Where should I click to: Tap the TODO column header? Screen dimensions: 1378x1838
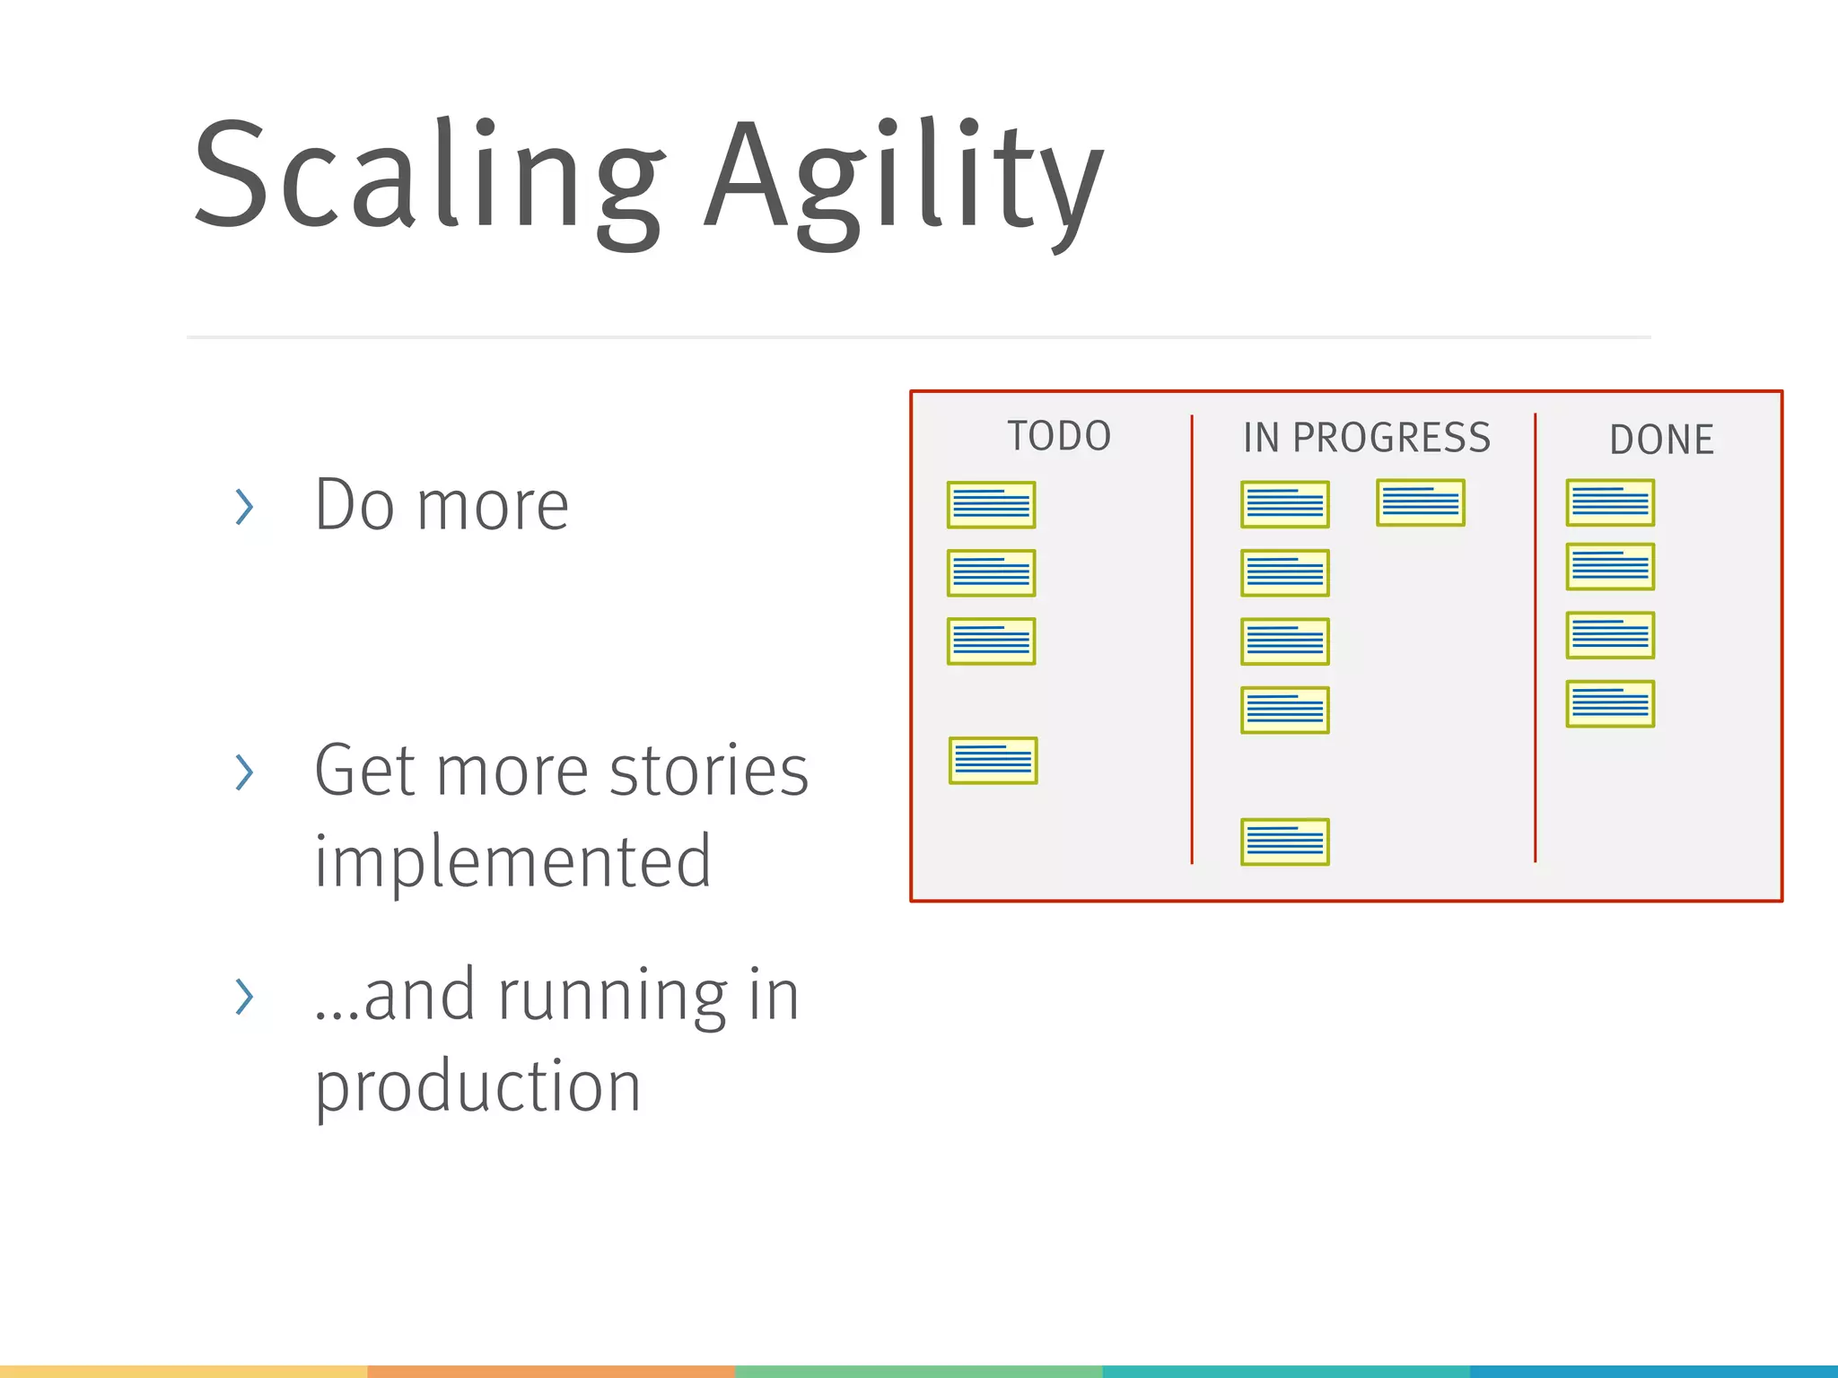1059,436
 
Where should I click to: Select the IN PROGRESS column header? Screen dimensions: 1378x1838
1366,438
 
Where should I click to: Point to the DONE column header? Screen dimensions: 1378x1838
1661,440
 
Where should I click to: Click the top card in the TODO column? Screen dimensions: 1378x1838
991,505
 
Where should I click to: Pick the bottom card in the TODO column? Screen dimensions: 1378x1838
993,761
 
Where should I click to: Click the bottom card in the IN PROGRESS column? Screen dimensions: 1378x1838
1284,842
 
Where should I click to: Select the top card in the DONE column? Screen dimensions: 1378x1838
1610,502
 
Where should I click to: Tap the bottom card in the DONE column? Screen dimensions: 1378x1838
1610,703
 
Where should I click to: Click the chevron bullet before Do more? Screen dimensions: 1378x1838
244,507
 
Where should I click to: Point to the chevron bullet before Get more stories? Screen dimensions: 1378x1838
244,772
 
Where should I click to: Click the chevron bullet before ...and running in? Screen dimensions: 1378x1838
244,997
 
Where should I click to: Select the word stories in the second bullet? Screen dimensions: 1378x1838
709,772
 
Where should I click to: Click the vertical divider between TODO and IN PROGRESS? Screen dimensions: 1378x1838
1192,639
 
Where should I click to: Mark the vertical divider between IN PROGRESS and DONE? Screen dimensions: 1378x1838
1536,639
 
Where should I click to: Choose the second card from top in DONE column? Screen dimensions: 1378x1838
1610,567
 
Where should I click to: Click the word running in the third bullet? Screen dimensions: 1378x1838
612,998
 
